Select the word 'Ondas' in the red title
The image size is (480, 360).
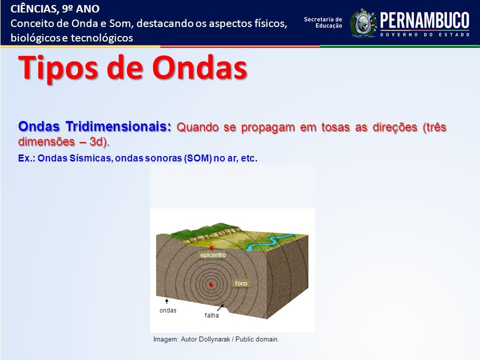tap(199, 67)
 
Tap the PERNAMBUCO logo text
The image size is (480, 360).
tap(424, 20)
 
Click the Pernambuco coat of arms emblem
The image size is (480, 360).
tap(363, 23)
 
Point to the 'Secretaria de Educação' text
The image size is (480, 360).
tap(323, 22)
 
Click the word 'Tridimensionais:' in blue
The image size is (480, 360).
tap(118, 126)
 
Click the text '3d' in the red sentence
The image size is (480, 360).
tap(96, 141)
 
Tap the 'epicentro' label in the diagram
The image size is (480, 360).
tap(213, 254)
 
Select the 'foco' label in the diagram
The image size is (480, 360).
tap(241, 283)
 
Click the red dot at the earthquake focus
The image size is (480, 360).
tap(211, 284)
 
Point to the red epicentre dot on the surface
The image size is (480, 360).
tap(211, 247)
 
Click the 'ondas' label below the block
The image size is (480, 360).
tap(168, 310)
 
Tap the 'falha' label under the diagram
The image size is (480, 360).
tap(212, 315)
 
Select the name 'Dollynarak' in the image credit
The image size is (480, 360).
tap(214, 339)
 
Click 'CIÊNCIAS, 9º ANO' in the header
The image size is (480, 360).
tap(55, 9)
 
